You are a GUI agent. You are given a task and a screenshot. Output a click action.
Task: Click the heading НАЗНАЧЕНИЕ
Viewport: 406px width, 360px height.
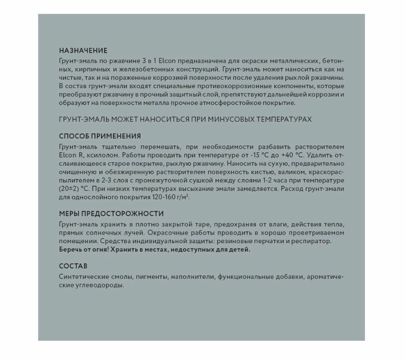click(x=83, y=51)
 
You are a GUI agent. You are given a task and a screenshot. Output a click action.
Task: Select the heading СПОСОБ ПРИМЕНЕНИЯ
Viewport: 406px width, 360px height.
click(x=100, y=136)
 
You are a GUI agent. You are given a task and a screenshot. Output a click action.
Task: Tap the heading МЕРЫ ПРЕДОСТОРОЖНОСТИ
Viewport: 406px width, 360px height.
click(x=111, y=214)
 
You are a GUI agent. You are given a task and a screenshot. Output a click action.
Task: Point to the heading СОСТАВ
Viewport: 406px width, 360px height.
click(x=73, y=266)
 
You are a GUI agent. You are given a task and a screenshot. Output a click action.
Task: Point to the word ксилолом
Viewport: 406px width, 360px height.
click(x=89, y=155)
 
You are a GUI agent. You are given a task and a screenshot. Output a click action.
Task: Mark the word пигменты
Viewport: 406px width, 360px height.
click(x=151, y=277)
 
